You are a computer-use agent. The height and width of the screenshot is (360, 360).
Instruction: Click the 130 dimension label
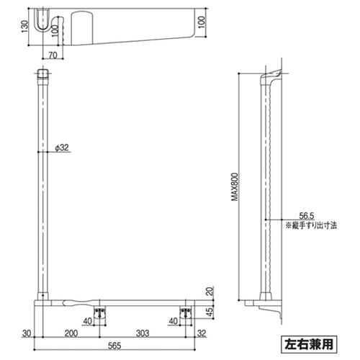24,27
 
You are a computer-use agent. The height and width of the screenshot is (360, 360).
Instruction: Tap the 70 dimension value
53,54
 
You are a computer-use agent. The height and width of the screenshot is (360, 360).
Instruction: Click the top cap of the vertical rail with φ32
43,73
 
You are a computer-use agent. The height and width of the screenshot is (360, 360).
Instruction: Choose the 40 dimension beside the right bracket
172,321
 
